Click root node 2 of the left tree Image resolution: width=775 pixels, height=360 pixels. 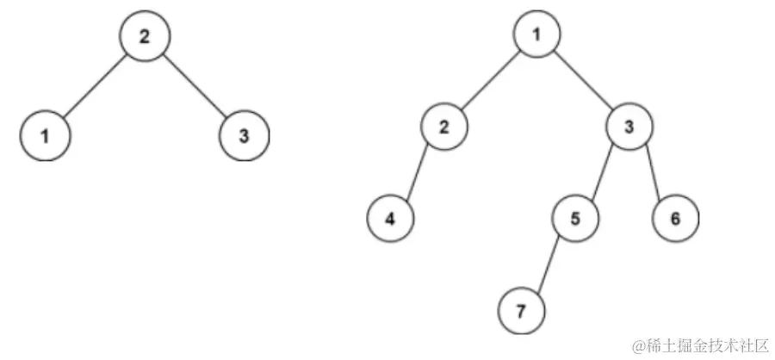coord(145,35)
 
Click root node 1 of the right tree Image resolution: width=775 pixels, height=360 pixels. coord(537,35)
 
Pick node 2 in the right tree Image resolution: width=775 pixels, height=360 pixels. coord(444,127)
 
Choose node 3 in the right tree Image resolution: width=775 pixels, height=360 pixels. coord(629,127)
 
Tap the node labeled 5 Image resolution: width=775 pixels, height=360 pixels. coord(575,218)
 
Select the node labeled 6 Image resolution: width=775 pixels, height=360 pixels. coord(674,218)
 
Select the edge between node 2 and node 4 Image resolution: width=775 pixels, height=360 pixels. coord(418,172)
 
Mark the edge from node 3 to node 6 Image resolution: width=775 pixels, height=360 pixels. coord(652,172)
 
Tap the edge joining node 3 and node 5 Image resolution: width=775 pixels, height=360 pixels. coord(602,172)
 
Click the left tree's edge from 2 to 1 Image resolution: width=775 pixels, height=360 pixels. coord(94,86)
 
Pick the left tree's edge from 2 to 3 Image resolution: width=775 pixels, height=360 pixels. coord(195,86)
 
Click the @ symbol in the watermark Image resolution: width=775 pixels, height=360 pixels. coord(640,345)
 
